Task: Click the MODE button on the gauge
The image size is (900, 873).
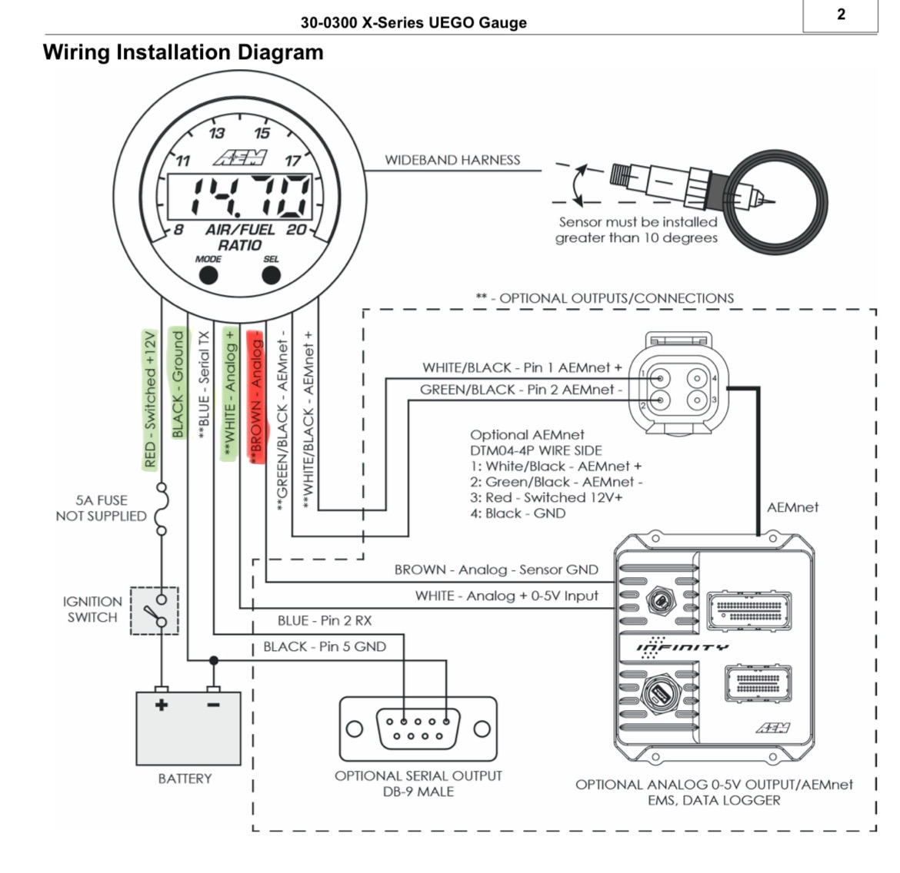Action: pyautogui.click(x=208, y=275)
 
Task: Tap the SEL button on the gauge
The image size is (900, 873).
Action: pyautogui.click(x=271, y=275)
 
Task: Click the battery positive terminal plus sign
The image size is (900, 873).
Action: pyautogui.click(x=162, y=705)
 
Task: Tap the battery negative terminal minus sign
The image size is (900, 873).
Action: pyautogui.click(x=213, y=705)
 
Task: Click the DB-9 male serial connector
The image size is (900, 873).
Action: pyautogui.click(x=418, y=729)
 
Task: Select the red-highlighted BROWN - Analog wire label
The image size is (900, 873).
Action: pyautogui.click(x=256, y=397)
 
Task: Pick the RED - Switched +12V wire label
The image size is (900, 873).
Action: pyautogui.click(x=150, y=399)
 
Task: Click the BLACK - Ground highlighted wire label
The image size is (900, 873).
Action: pyautogui.click(x=178, y=383)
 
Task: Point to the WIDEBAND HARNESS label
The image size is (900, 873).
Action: pyautogui.click(x=452, y=160)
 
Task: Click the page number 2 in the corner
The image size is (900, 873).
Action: pyautogui.click(x=841, y=14)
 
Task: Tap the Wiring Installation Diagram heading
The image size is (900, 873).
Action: pyautogui.click(x=183, y=52)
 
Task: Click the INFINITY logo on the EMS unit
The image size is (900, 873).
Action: pyautogui.click(x=682, y=647)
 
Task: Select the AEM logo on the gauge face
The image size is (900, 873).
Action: pyautogui.click(x=240, y=158)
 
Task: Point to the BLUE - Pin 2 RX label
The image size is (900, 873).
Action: pyautogui.click(x=325, y=621)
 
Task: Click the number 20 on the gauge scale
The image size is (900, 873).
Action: pyautogui.click(x=296, y=230)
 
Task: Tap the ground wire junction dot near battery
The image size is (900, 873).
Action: pyautogui.click(x=214, y=660)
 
